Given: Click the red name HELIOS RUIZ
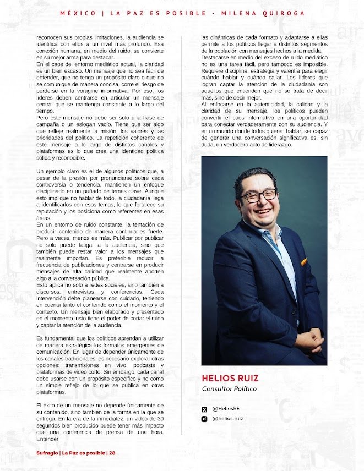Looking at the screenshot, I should [x=230, y=379].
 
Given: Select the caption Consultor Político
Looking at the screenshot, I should [x=229, y=389].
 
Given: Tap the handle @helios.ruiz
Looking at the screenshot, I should [x=227, y=418].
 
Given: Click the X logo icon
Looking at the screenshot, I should [x=205, y=409].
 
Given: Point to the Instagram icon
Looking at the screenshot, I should [x=205, y=419].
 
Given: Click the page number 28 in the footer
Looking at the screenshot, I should [x=112, y=453].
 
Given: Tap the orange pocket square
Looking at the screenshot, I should [x=303, y=262].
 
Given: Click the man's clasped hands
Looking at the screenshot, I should [x=308, y=341].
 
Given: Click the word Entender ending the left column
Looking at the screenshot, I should [x=46, y=439].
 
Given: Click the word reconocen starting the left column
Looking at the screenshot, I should [x=49, y=37].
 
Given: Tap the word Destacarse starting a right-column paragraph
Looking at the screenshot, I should [x=215, y=57].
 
